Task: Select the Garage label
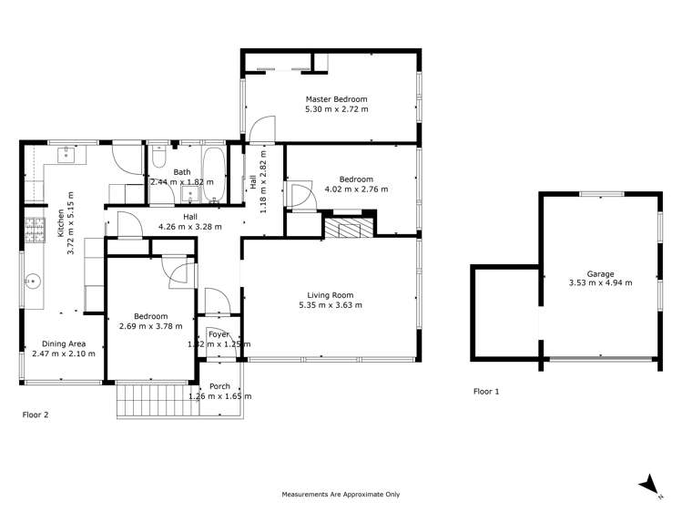600,273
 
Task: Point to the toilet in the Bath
158,160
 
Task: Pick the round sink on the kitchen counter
36,281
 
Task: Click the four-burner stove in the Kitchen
36,231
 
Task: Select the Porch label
219,386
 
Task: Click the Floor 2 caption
36,415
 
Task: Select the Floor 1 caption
486,392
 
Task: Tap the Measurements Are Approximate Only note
341,494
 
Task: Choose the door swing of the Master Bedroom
260,130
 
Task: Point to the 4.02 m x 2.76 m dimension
351,189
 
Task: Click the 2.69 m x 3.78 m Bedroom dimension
151,326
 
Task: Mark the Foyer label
219,334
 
